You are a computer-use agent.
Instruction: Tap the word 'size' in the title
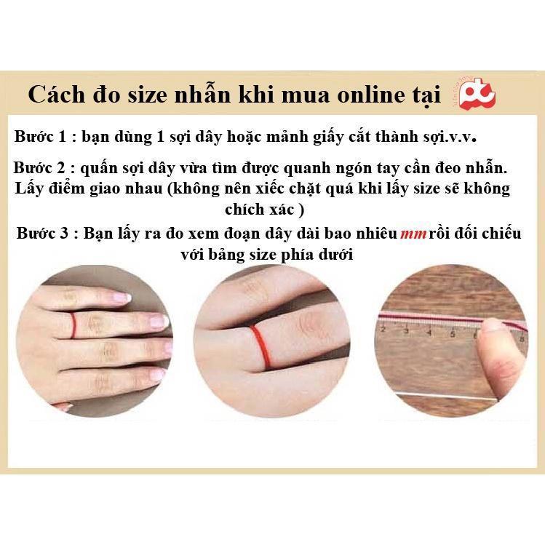click(x=148, y=95)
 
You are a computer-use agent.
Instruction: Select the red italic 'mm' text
click(x=413, y=234)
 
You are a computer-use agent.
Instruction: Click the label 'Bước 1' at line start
click(x=40, y=136)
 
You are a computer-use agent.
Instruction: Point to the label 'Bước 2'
click(x=39, y=168)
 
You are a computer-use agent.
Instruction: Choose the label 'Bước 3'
click(x=42, y=233)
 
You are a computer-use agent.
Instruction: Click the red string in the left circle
click(x=73, y=325)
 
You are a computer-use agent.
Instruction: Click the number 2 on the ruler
click(x=383, y=329)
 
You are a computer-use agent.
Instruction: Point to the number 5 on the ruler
click(x=453, y=334)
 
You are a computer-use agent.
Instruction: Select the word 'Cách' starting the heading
click(x=56, y=94)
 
